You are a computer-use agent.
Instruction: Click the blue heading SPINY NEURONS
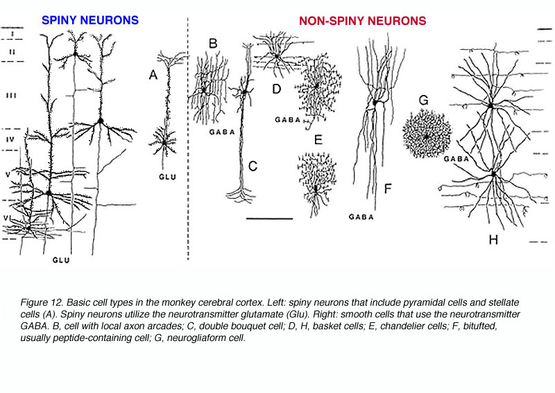(90, 20)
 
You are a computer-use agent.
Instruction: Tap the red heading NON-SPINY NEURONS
(362, 21)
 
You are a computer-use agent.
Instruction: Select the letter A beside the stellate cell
(153, 75)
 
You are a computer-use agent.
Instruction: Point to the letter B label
(213, 43)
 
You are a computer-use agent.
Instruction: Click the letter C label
(253, 166)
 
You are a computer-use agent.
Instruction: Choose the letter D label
(276, 89)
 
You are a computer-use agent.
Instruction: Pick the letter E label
(318, 140)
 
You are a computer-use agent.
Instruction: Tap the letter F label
(388, 189)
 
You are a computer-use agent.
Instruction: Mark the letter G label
(424, 100)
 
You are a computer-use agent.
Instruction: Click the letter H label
(493, 240)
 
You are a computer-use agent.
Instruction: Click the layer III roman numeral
(11, 96)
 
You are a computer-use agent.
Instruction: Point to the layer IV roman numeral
(10, 139)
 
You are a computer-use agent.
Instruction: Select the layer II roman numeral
(12, 52)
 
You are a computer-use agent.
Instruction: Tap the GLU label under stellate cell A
(167, 177)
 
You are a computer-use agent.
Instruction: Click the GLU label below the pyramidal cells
(61, 260)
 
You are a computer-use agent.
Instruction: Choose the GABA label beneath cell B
(222, 132)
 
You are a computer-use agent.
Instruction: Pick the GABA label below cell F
(361, 217)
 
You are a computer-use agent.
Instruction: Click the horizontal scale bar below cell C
(269, 218)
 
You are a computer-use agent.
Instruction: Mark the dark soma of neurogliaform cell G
(427, 137)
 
